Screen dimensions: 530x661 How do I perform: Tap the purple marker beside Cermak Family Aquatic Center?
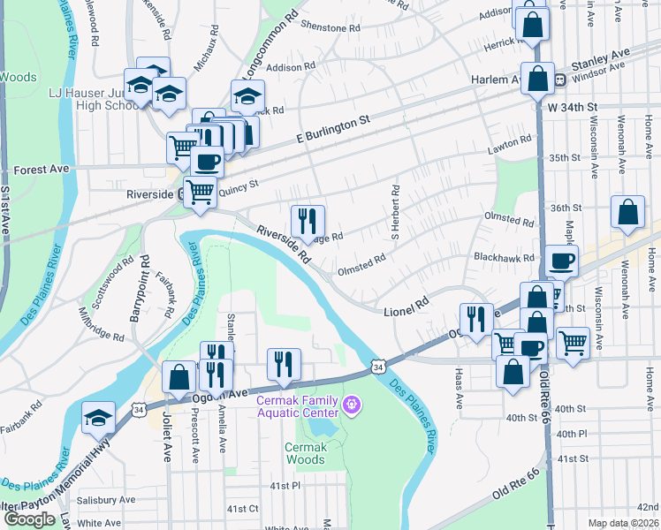pyautogui.click(x=353, y=406)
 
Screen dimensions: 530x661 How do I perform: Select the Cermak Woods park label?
pyautogui.click(x=306, y=453)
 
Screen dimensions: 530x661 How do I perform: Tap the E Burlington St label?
pyautogui.click(x=331, y=130)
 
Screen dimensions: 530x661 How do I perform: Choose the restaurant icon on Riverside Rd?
pyautogui.click(x=308, y=221)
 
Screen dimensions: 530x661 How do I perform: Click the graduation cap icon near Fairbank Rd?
pyautogui.click(x=98, y=418)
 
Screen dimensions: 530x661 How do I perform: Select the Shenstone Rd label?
pyautogui.click(x=330, y=27)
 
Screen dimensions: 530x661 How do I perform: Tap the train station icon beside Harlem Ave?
pyautogui.click(x=560, y=80)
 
